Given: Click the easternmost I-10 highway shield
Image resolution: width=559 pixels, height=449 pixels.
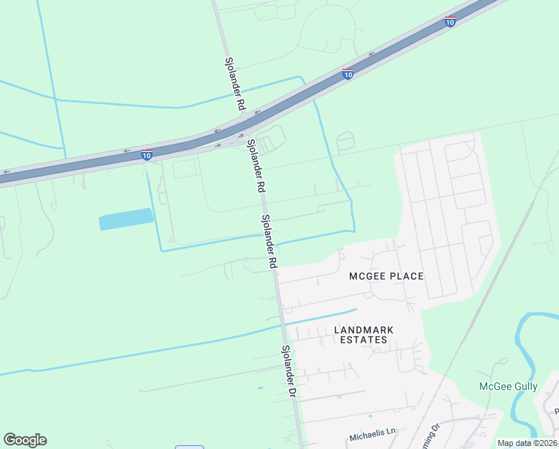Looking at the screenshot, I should [x=450, y=21].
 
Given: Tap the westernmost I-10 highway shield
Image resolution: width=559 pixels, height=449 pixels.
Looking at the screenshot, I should [x=147, y=154].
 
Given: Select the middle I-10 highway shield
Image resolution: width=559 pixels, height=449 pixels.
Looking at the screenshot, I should [x=348, y=73].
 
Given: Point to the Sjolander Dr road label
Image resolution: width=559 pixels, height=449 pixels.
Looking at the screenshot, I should [x=289, y=371].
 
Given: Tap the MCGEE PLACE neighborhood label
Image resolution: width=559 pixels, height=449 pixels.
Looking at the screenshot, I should [x=386, y=276].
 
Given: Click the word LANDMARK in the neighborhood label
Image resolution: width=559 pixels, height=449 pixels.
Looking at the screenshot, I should [x=364, y=329].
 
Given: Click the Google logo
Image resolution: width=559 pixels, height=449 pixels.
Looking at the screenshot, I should [x=25, y=440].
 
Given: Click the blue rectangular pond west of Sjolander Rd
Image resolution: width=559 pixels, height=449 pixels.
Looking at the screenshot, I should [x=126, y=219].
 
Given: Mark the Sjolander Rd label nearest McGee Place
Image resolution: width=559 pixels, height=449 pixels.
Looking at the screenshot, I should [x=269, y=242].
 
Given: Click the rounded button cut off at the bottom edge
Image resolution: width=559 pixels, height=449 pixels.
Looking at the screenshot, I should [x=190, y=447].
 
